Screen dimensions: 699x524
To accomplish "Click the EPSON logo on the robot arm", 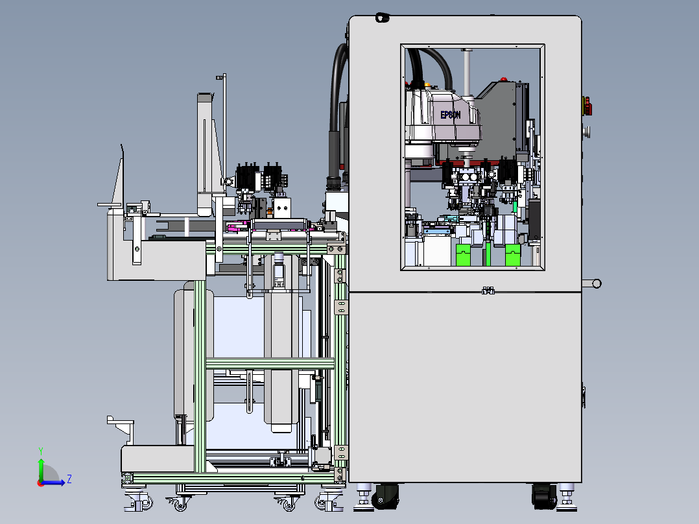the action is point(450,115).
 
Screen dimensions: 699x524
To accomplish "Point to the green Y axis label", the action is point(41,451).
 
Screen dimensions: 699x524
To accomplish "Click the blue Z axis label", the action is point(69,479).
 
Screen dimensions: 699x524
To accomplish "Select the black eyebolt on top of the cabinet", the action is point(382,18).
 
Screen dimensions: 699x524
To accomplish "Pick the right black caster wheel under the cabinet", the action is point(544,496).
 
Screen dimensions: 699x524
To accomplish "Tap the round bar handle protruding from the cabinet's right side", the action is point(592,283).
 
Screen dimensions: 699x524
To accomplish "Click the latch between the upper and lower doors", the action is point(488,291).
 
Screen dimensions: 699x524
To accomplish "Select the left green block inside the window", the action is point(464,255).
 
